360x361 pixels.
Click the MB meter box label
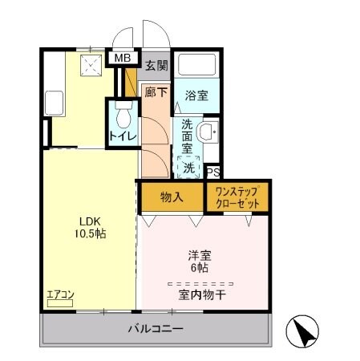click(x=123, y=58)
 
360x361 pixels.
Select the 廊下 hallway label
click(x=156, y=92)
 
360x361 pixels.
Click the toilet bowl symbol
click(x=123, y=118)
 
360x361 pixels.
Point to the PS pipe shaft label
click(x=212, y=172)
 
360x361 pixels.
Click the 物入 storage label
click(x=171, y=196)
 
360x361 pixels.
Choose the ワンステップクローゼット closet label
click(x=237, y=197)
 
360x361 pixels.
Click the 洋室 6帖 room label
click(x=198, y=262)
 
